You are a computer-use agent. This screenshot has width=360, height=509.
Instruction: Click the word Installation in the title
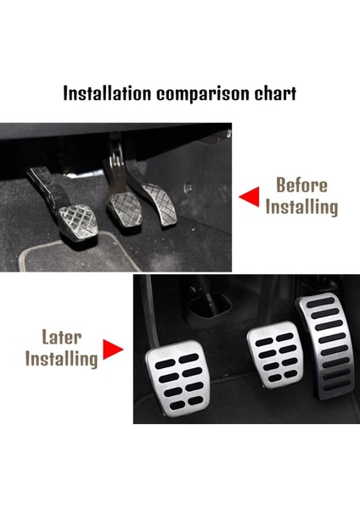[107, 93]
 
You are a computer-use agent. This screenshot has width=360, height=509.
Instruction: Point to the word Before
[301, 186]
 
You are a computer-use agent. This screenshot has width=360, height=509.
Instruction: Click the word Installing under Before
[301, 206]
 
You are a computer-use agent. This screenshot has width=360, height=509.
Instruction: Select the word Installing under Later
[61, 358]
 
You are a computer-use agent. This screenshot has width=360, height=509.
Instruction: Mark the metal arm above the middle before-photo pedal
[115, 165]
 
